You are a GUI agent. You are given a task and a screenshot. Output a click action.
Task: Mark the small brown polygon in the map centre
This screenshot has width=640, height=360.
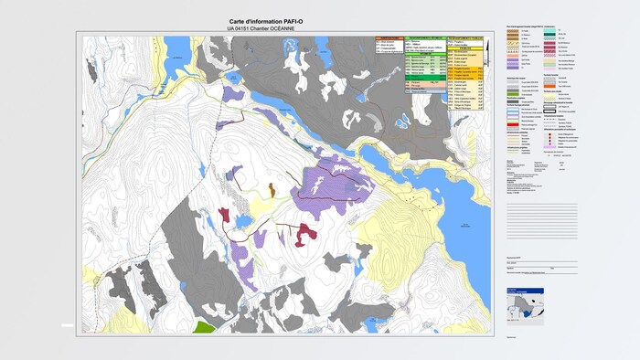[x=272, y=190]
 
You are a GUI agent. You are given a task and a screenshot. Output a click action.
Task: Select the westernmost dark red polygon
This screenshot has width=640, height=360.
[x=224, y=215]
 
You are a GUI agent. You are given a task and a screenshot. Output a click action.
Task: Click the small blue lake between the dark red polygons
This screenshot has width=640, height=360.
[x=242, y=222]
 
